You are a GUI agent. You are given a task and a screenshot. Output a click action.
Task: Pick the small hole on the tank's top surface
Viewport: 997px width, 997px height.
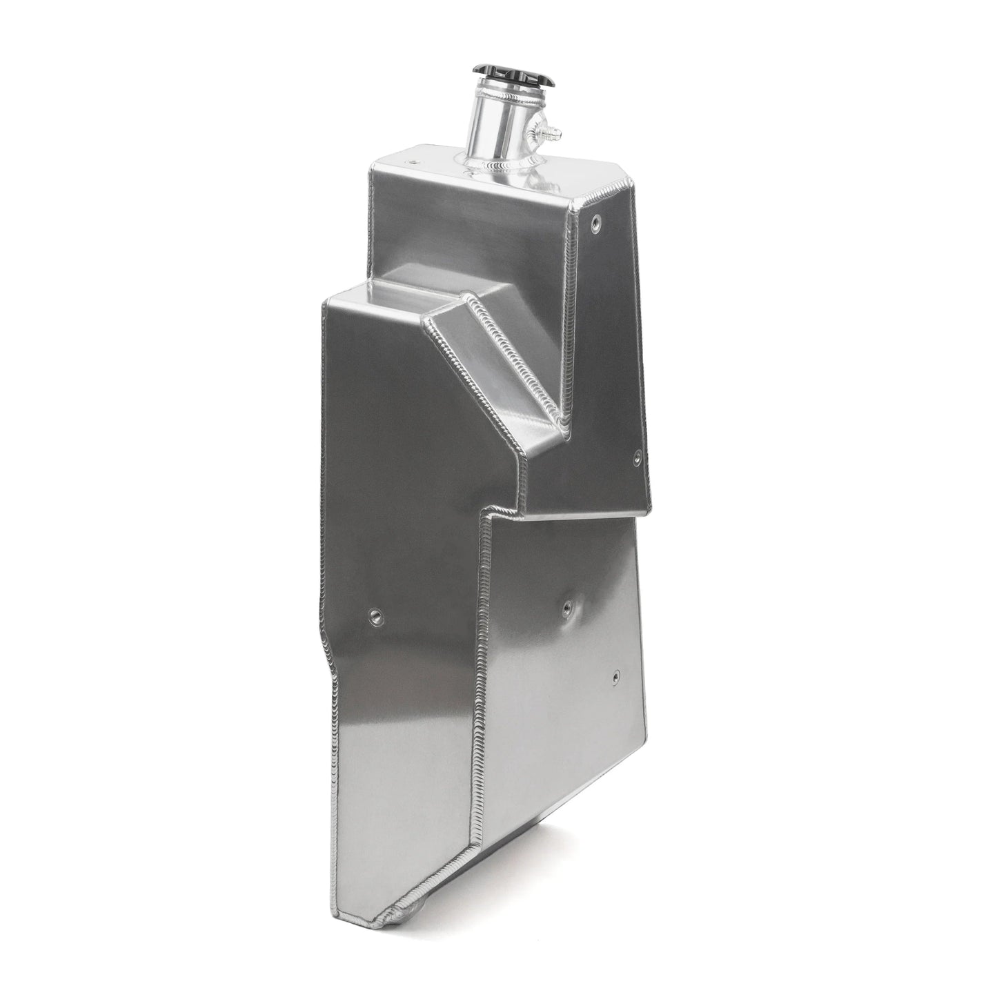412,161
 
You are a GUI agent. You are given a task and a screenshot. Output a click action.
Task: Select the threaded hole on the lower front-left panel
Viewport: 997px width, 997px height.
376,615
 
